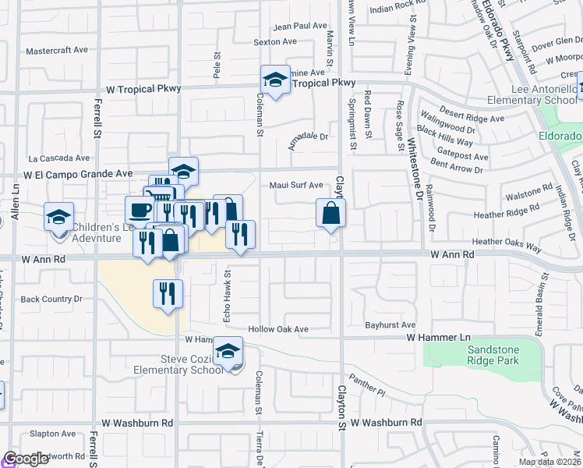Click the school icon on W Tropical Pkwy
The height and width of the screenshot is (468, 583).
click(274, 79)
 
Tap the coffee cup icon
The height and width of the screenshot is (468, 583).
click(140, 210)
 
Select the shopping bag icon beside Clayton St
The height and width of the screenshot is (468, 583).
click(330, 212)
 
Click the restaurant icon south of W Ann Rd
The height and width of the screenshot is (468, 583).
click(168, 293)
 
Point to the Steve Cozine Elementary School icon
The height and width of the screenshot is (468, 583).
click(228, 352)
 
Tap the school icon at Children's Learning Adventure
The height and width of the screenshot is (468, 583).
click(58, 217)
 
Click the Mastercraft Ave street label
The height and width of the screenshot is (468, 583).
click(57, 50)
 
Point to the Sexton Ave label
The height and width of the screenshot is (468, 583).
click(275, 41)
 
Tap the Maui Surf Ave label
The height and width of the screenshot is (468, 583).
click(296, 185)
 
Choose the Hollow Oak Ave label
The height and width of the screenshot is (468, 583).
click(278, 329)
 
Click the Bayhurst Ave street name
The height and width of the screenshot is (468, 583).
click(390, 324)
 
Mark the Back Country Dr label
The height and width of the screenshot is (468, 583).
click(51, 299)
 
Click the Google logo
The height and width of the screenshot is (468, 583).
click(26, 459)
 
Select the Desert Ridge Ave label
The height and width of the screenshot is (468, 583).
click(472, 119)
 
